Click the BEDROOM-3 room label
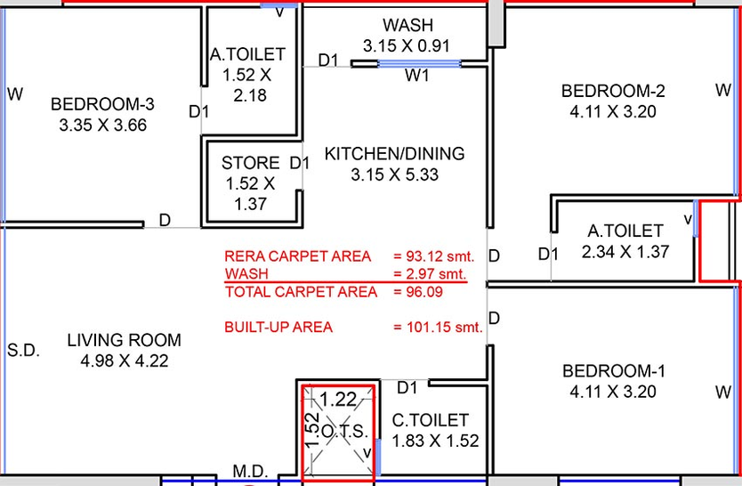pyautogui.click(x=102, y=104)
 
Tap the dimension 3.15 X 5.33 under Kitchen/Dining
pyautogui.click(x=395, y=174)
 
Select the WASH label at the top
pyautogui.click(x=407, y=25)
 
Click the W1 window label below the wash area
pyautogui.click(x=417, y=76)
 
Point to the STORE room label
pyautogui.click(x=250, y=163)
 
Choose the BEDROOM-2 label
pyautogui.click(x=613, y=91)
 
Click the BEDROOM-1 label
pyautogui.click(x=614, y=371)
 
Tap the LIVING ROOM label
pyautogui.click(x=124, y=340)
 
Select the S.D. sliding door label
pyautogui.click(x=23, y=350)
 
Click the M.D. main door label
pyautogui.click(x=250, y=472)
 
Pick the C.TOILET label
pyautogui.click(x=430, y=420)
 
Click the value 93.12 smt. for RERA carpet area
pyautogui.click(x=440, y=256)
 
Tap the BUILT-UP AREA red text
pyautogui.click(x=278, y=327)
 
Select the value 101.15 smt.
pyautogui.click(x=444, y=327)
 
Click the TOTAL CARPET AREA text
pyautogui.click(x=301, y=291)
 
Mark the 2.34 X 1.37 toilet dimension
pyautogui.click(x=625, y=252)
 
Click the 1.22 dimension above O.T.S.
pyautogui.click(x=338, y=400)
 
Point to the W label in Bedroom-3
pyautogui.click(x=15, y=94)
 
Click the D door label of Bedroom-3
pyautogui.click(x=165, y=220)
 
